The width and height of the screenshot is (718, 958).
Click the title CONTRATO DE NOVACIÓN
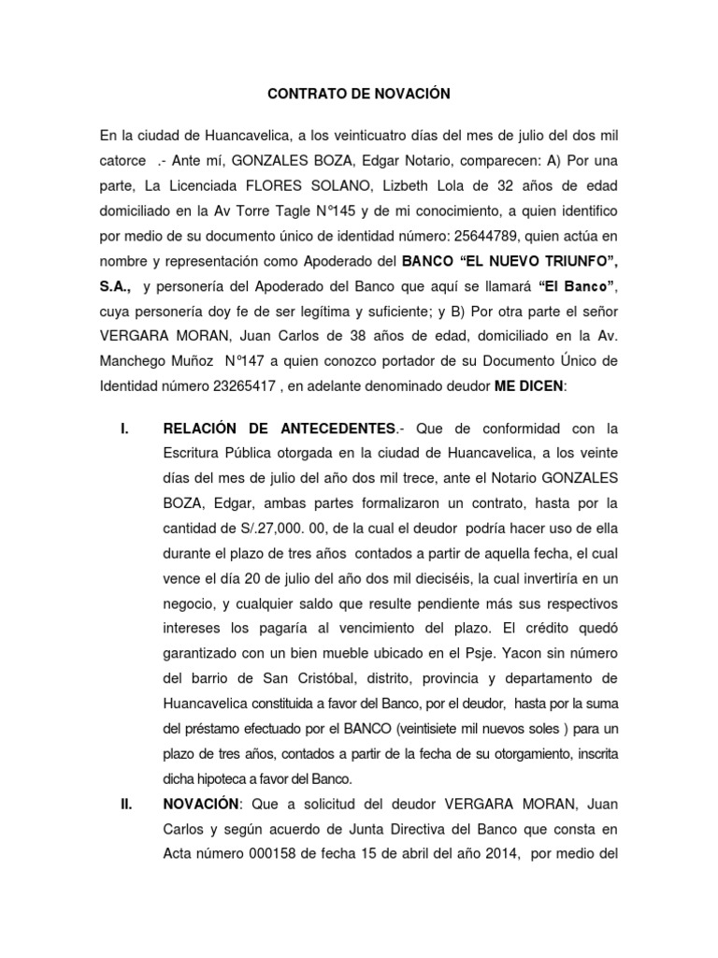pos(359,94)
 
